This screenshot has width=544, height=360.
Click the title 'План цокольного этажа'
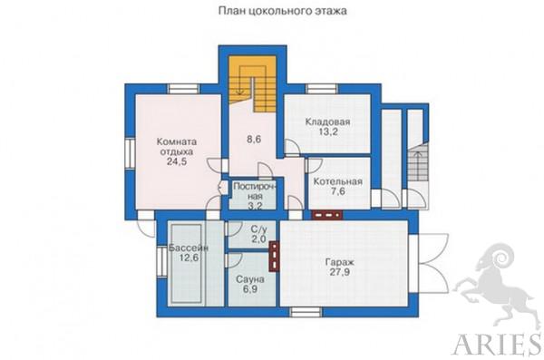coord(282,11)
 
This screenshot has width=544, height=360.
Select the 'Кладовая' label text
coord(327,122)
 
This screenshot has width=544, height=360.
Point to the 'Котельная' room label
coord(337,181)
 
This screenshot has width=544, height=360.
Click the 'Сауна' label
coord(250,279)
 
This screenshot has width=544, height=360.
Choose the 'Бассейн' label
coord(188,248)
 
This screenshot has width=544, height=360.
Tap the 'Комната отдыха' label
coord(177,147)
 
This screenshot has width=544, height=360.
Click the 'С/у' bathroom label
coord(258,229)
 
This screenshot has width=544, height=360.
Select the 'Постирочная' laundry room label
coord(255,191)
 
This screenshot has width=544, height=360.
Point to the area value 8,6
coord(254,140)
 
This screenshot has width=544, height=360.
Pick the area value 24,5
coord(177,161)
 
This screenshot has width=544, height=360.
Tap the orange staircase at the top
coord(252,83)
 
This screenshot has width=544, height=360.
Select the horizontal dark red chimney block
coord(326,215)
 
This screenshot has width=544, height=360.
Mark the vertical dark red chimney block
coord(275,257)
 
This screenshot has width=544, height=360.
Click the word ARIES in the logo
coord(497,344)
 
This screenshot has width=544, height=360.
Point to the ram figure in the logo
coord(496,285)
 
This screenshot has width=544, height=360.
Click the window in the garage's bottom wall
coord(306,312)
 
